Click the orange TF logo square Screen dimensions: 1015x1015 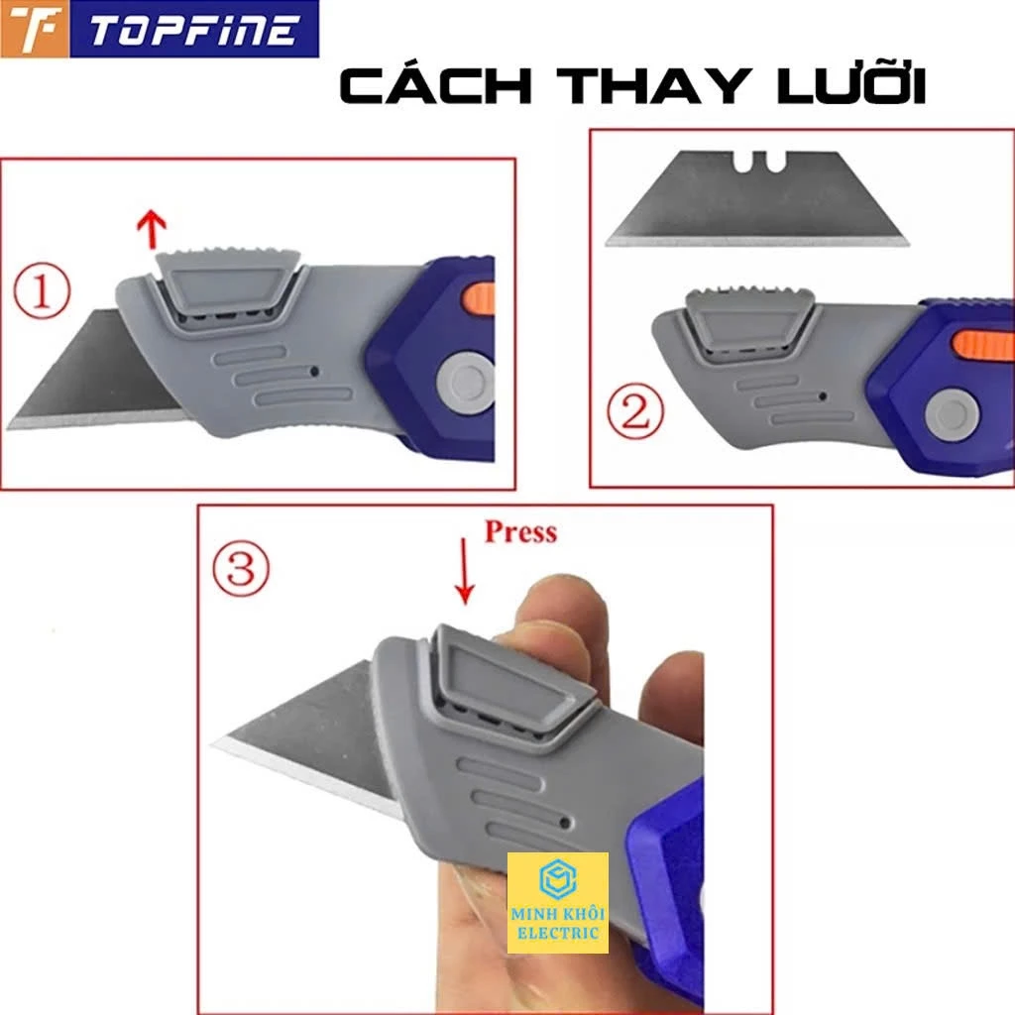tap(35, 29)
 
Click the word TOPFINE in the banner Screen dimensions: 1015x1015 tap(194, 30)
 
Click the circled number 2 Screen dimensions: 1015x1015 tap(635, 412)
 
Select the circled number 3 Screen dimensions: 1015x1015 tap(241, 568)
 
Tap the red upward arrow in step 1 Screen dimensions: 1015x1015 tap(153, 229)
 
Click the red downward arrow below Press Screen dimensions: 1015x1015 tap(464, 571)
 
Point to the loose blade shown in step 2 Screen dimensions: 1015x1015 tap(757, 198)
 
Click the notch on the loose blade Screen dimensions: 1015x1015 tap(760, 162)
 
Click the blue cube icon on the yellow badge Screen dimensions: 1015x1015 tap(557, 879)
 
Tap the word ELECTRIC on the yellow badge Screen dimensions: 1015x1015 tap(557, 933)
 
